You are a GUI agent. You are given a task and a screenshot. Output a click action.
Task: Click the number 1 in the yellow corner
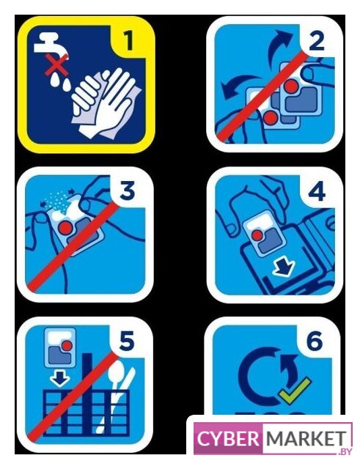(129, 40)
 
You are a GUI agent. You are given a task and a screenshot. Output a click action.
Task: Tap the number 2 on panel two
(317, 41)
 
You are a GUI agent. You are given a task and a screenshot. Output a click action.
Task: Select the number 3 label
(128, 191)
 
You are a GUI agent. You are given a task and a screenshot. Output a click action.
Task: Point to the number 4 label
(317, 191)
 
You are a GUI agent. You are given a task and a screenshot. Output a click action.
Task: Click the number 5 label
(127, 341)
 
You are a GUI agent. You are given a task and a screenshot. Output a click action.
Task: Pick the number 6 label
(315, 340)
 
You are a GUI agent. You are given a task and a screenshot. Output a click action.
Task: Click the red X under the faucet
(56, 64)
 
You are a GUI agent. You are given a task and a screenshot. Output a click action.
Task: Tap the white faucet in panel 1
(51, 45)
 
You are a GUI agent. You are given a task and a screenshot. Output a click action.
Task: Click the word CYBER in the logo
(228, 438)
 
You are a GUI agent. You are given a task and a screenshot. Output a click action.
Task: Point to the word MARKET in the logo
(305, 438)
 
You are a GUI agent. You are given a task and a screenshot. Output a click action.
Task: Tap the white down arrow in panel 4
(284, 267)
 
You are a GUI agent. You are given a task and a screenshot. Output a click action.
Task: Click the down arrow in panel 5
(59, 378)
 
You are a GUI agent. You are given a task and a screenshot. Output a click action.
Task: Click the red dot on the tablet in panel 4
(257, 235)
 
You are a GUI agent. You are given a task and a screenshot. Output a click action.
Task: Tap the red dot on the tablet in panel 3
(66, 228)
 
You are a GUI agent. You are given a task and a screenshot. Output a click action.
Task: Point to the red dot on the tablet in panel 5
(67, 346)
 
